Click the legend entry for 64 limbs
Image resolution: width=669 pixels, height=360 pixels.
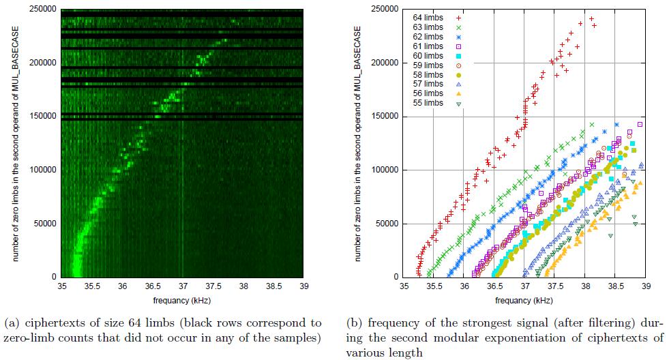(x=428, y=17)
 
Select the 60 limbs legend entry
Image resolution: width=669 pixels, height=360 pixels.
(x=428, y=55)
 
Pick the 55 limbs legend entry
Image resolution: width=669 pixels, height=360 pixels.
(x=428, y=104)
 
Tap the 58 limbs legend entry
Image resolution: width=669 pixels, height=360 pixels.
(x=428, y=75)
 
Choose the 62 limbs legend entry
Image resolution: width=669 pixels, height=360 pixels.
(x=428, y=36)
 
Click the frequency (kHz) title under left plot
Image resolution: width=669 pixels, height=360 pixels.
(x=181, y=301)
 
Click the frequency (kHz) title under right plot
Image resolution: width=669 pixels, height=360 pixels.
(x=525, y=301)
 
